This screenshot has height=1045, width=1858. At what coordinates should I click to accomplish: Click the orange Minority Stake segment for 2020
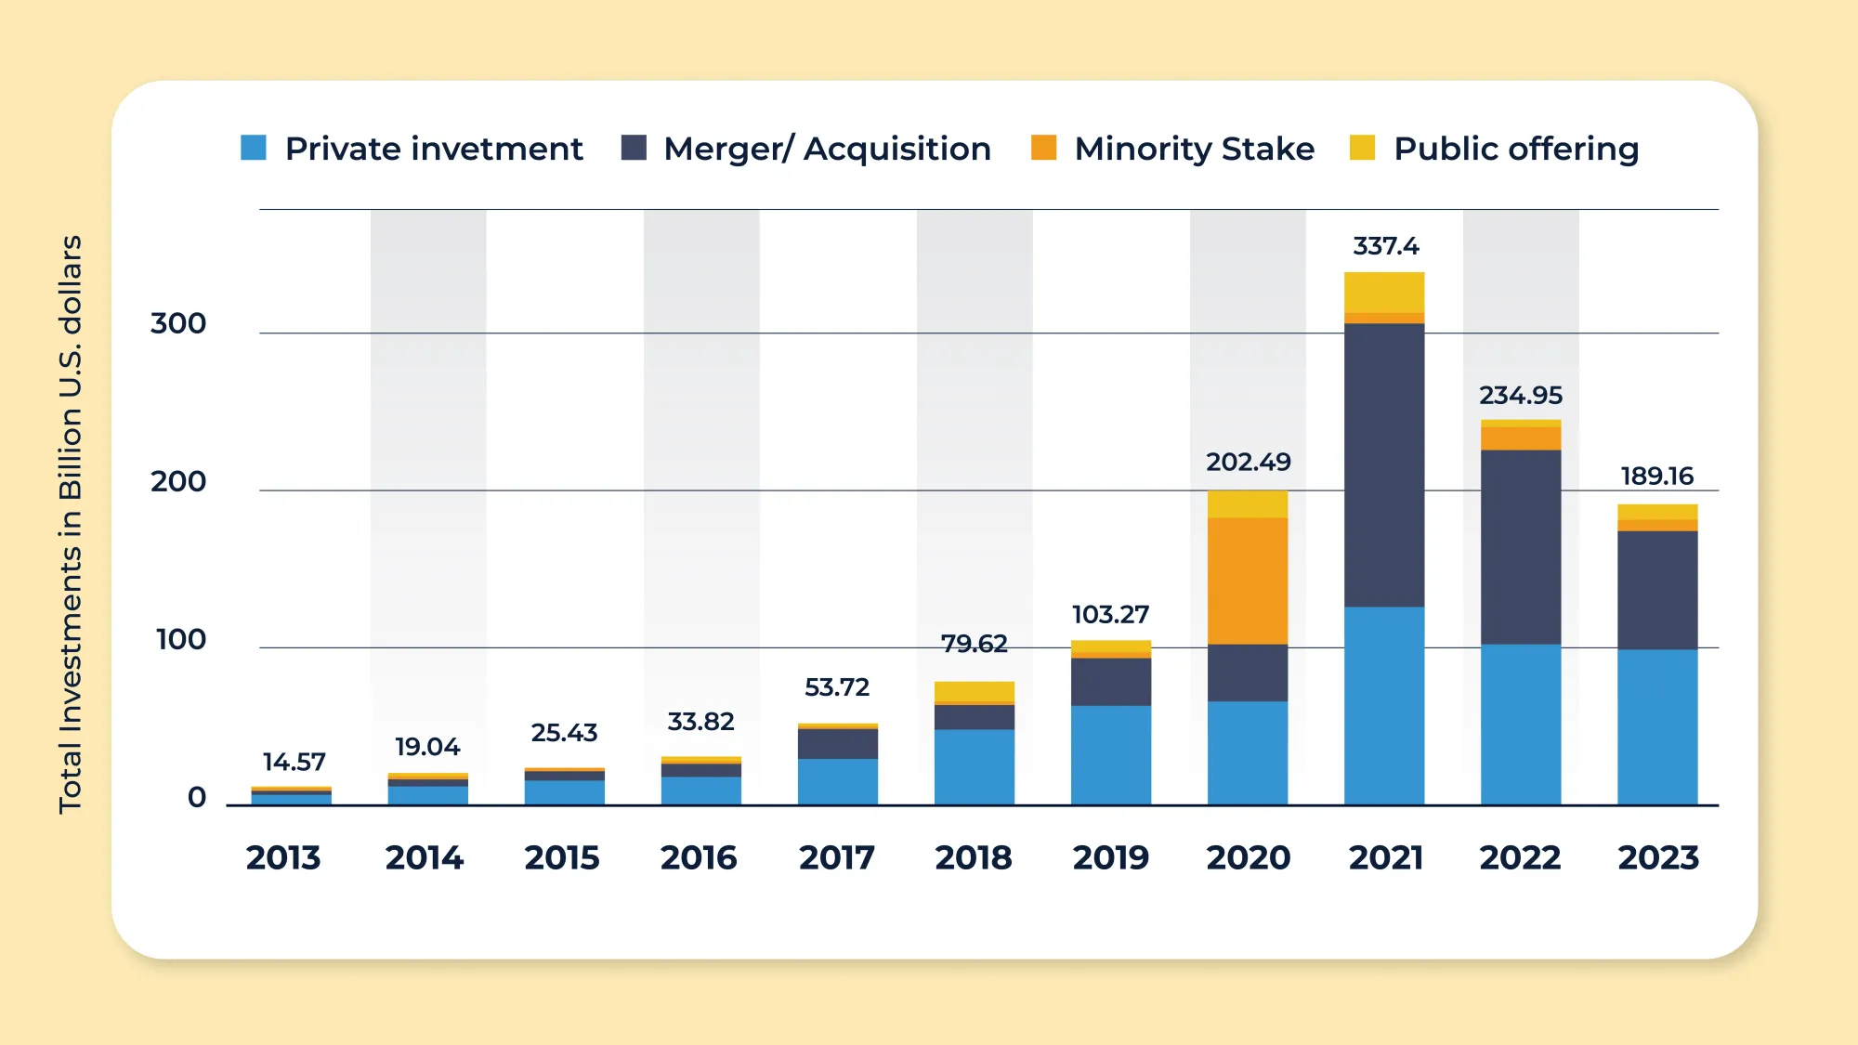coord(1248,581)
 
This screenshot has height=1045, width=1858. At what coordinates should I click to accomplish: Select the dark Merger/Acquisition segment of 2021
coord(1384,464)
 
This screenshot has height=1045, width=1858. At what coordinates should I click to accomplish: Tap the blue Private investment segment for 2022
coord(1521,725)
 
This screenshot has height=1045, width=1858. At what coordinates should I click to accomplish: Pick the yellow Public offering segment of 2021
coord(1384,292)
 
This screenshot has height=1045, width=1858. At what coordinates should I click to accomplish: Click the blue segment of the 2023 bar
coord(1657,726)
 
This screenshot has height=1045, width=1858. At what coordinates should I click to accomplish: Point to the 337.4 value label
coord(1385,246)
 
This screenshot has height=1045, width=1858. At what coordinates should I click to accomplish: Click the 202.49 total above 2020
coord(1248,462)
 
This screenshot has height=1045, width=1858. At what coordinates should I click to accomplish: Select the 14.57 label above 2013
coord(294,762)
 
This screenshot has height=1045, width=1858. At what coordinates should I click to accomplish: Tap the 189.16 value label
coord(1657,476)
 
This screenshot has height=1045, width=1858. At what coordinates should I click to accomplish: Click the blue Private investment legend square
coord(254,148)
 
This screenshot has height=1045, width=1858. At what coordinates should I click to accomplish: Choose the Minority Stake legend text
coord(1194,149)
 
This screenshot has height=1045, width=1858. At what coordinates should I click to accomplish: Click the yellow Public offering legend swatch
coord(1362,148)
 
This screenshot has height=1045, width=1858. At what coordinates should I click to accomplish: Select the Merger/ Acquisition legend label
coord(827,149)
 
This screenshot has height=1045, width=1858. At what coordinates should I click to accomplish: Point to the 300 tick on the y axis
coord(178,323)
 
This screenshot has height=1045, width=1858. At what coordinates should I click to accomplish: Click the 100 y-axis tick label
coord(181,639)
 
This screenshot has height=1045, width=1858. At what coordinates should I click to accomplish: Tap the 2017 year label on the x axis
coord(836,856)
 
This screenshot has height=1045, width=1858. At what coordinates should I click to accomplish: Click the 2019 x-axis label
coord(1110,856)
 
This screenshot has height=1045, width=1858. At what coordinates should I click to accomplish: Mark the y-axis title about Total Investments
coord(71,525)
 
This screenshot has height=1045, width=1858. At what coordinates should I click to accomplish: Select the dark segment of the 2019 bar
coord(1111,681)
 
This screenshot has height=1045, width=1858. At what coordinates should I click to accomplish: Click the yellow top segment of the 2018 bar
coord(975,691)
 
